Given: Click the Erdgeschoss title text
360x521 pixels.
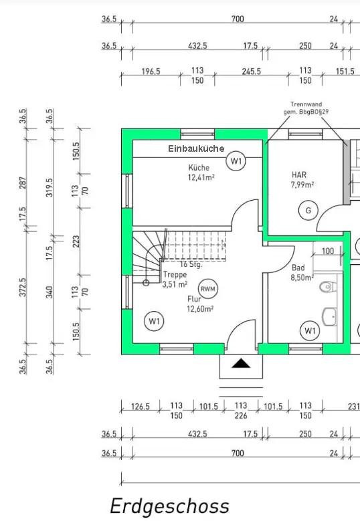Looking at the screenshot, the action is point(169,507).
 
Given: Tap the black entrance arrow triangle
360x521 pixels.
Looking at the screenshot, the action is point(241,364).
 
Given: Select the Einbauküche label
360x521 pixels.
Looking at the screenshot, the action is point(196,148).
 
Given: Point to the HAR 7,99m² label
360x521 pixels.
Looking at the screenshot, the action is point(302,180).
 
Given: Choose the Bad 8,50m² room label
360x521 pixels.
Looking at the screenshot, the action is point(302,272).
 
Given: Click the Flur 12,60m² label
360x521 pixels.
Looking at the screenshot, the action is point(200,304).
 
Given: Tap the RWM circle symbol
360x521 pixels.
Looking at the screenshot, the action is point(208,289).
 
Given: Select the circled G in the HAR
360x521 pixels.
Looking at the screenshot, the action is point(308,210).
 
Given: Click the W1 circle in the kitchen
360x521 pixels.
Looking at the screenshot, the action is point(236,161).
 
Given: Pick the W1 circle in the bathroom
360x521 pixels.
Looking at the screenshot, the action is point(310,331).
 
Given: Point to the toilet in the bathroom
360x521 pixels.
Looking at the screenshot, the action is point(328,286).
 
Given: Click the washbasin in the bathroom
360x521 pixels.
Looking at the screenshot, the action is point(329,317).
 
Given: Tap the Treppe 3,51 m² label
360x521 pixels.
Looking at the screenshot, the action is point(175,280).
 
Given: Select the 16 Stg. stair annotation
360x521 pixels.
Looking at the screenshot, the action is point(191,264).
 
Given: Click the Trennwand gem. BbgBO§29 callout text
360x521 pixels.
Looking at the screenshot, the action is point(306,108).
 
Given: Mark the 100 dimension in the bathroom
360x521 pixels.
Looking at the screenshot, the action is point(328,251).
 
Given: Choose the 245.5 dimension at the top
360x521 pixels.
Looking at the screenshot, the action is point(252,72).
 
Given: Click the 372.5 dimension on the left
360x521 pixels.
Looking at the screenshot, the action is point(23,288).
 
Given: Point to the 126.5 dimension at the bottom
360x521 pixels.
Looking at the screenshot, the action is point(141,407).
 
